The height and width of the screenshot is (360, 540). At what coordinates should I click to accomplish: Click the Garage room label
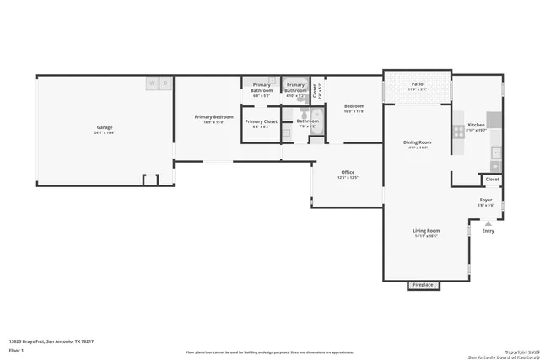104,128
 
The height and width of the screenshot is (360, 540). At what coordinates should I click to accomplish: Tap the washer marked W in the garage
152,83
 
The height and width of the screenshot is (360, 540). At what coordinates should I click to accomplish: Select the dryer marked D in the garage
165,83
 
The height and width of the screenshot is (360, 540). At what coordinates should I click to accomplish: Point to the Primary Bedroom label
213,117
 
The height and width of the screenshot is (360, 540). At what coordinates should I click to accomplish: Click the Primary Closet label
261,122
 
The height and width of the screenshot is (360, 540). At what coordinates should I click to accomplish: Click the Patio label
417,84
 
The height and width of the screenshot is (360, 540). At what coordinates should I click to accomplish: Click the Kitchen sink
496,153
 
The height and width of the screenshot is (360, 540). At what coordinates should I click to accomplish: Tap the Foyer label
486,200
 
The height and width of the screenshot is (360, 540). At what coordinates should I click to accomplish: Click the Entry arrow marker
488,223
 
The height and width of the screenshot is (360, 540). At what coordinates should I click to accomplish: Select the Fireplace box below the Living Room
422,285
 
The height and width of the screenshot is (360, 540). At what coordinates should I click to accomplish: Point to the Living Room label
426,231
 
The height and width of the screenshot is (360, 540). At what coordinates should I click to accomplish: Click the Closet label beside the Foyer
492,179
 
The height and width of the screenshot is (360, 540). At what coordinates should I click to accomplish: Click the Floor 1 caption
16,349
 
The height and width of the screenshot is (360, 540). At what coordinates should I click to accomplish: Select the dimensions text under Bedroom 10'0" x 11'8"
353,111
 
